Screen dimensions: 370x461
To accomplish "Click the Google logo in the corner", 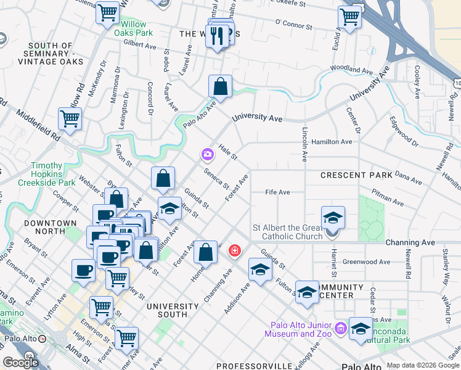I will [x=20, y=363].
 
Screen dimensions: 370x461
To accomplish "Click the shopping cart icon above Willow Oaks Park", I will [x=108, y=12].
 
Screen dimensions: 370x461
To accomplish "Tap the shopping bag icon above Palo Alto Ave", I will [x=220, y=88].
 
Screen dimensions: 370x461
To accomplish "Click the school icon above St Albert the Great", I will [x=333, y=218].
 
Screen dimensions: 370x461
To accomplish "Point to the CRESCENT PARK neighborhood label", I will [x=356, y=176].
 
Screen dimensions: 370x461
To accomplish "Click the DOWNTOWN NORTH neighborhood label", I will [x=51, y=227].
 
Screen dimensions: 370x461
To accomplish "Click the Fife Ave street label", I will [x=277, y=192].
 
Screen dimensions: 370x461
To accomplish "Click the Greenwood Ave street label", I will [x=367, y=262].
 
